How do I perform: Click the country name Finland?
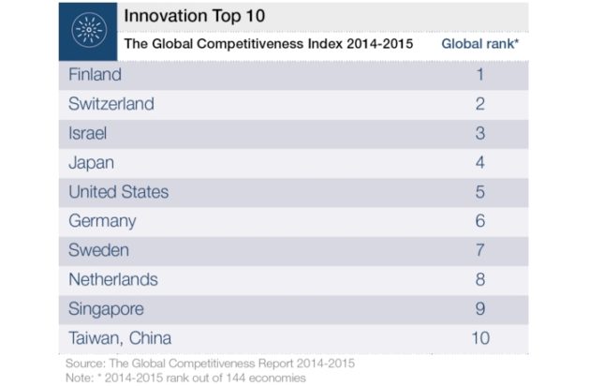coord(95,74)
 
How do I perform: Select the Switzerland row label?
coord(111,103)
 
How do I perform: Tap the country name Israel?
coord(88,133)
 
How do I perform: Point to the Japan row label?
coord(91,162)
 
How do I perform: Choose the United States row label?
coord(119,192)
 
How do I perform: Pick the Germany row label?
coord(102,221)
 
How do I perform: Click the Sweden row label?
coord(99,250)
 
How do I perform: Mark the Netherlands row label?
coord(113,279)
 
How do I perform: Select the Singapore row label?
coord(108,308)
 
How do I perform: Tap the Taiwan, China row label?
coord(120,338)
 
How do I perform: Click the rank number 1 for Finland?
coord(480,74)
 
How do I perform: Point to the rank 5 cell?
coord(480,192)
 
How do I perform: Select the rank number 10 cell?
coord(480,338)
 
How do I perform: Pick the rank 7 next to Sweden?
coord(480,250)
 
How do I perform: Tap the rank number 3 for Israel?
coord(480,133)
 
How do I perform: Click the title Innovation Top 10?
coord(190,17)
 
